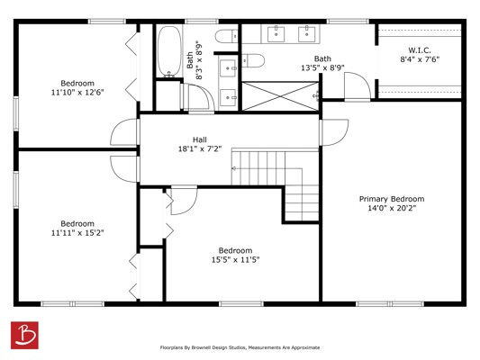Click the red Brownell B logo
(x=24, y=335)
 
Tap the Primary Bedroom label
(x=392, y=199)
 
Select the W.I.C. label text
(x=420, y=50)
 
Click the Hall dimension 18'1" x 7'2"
(x=200, y=149)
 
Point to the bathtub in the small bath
(x=168, y=51)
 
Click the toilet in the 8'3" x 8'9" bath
(x=227, y=36)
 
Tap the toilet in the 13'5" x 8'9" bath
(x=253, y=60)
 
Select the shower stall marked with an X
(x=280, y=95)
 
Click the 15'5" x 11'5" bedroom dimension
(x=235, y=260)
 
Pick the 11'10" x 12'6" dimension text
(x=77, y=92)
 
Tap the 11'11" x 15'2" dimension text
(x=77, y=233)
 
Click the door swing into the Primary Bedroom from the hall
(x=334, y=132)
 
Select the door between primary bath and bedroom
(x=358, y=85)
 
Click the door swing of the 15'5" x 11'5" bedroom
(x=184, y=200)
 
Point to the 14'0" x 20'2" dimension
(x=392, y=208)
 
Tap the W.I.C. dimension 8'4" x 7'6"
(x=420, y=59)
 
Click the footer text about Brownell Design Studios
(x=240, y=347)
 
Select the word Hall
(x=200, y=139)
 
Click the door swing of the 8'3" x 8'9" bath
(x=201, y=98)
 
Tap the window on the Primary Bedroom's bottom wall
(x=390, y=303)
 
